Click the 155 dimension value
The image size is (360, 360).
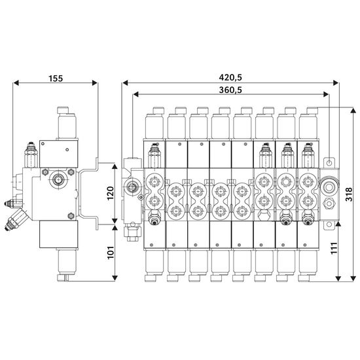point(56,79)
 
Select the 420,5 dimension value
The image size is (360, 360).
point(230,77)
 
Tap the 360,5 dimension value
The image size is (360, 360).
point(230,90)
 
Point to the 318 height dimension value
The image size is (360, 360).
point(349,194)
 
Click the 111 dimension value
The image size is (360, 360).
point(334,247)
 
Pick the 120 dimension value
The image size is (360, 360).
point(111,193)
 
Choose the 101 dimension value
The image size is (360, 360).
point(111,253)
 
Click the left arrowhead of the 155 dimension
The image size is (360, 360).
point(16,83)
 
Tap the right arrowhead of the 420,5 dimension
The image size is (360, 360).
point(336,83)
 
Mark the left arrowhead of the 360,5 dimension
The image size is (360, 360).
point(136,94)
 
